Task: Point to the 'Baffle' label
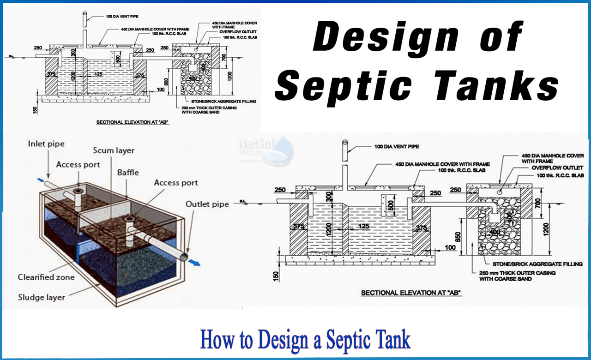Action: [x=127, y=172]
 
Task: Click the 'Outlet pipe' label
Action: [x=207, y=204]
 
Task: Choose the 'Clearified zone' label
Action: [x=46, y=277]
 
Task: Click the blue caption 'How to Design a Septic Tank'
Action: [x=305, y=340]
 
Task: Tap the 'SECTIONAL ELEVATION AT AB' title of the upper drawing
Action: [x=132, y=122]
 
